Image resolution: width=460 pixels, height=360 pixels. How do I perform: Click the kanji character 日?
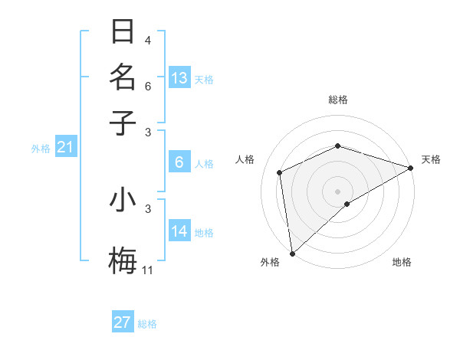[123, 33]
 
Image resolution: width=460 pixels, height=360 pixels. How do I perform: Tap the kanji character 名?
[123, 77]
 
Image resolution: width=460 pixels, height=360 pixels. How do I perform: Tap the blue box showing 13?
[179, 78]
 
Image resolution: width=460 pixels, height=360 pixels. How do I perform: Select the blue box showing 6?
[179, 162]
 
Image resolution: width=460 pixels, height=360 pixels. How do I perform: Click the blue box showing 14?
[179, 231]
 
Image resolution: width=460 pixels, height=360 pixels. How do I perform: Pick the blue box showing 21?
[65, 148]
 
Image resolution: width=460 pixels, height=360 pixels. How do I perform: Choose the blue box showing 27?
[123, 322]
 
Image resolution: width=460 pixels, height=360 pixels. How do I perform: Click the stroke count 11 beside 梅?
[148, 270]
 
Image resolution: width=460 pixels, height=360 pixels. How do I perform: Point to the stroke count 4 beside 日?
[148, 40]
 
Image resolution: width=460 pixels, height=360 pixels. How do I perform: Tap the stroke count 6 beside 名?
[148, 87]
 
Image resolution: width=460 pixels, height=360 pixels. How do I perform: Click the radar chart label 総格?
[338, 100]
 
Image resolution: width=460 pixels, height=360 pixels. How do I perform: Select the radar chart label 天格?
[431, 159]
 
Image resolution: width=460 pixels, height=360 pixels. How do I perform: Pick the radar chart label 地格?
[402, 263]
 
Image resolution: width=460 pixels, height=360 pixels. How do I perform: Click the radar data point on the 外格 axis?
[292, 254]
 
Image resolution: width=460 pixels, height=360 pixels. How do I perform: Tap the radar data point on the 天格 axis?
[411, 168]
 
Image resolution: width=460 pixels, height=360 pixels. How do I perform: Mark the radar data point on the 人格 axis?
[280, 172]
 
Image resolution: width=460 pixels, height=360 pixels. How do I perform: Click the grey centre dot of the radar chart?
[338, 191]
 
